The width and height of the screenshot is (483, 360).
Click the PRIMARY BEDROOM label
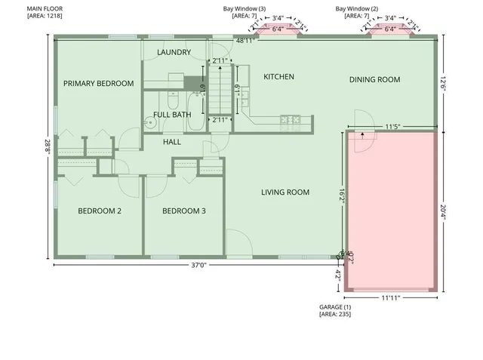click(x=98, y=84)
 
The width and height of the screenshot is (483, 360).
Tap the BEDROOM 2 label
click(x=100, y=211)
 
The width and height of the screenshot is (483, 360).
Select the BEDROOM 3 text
click(x=184, y=211)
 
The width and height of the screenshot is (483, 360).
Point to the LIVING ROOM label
click(x=285, y=192)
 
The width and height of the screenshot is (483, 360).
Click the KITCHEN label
click(x=278, y=77)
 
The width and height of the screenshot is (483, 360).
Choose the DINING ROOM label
click(x=374, y=79)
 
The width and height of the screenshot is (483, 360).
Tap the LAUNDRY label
click(x=174, y=52)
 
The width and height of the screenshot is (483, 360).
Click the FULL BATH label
click(x=172, y=115)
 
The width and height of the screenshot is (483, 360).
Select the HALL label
click(x=172, y=142)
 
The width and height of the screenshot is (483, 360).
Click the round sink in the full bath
click(x=152, y=125)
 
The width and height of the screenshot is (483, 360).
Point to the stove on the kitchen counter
click(x=291, y=118)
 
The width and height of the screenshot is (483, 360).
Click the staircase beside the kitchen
click(x=220, y=88)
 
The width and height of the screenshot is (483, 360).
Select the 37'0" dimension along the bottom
click(x=198, y=265)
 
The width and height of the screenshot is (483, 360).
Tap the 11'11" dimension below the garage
click(x=390, y=298)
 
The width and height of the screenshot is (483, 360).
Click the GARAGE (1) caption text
click(x=335, y=308)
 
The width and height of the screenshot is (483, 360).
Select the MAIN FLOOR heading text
click(x=45, y=8)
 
